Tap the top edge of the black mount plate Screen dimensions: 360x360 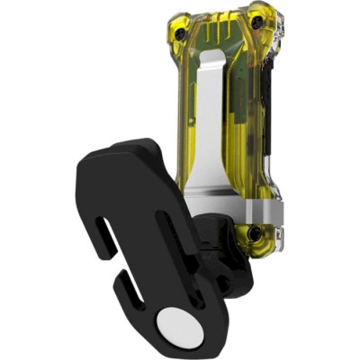(126, 146)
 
